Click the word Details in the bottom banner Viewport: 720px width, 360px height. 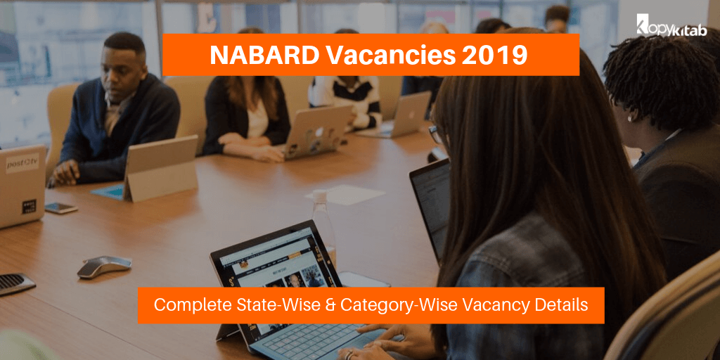(x=560, y=305)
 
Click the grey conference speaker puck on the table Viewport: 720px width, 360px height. (x=104, y=265)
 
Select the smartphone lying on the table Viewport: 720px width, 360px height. (x=60, y=208)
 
